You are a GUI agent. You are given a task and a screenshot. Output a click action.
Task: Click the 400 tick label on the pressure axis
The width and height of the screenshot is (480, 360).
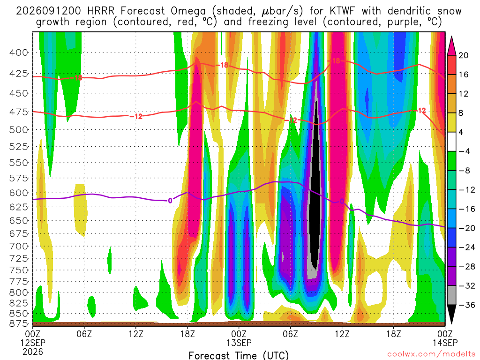[x=18, y=52]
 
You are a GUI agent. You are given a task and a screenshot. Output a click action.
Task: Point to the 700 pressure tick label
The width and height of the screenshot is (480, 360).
[x=18, y=246]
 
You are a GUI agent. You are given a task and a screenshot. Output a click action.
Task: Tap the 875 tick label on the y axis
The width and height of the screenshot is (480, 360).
[x=18, y=323]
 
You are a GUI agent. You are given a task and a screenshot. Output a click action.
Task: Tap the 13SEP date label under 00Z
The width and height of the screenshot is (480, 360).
[x=239, y=343]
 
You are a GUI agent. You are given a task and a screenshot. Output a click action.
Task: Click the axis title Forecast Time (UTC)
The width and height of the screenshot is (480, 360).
[x=239, y=355]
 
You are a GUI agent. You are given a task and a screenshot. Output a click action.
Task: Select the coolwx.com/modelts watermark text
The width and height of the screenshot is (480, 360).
[x=432, y=354]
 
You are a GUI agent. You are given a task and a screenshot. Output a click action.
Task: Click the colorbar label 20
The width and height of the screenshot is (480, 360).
[x=463, y=55]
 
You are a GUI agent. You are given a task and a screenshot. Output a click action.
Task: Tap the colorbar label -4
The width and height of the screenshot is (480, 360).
[x=464, y=151]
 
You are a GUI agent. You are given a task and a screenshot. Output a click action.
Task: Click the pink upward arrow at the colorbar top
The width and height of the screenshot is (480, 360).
[x=451, y=46]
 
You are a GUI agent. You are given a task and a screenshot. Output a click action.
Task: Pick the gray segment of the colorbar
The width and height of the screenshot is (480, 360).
[x=451, y=295]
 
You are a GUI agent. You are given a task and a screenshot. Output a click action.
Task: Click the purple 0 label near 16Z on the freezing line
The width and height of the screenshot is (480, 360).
[x=170, y=201]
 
